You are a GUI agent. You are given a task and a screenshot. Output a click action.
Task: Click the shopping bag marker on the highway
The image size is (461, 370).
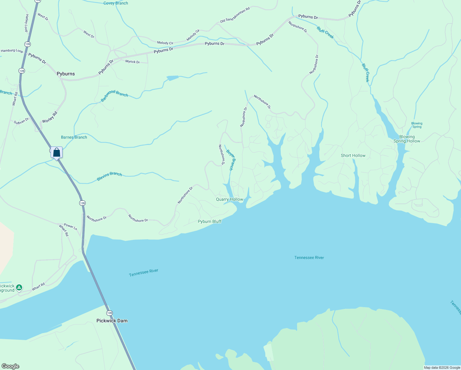pyautogui.click(x=57, y=152)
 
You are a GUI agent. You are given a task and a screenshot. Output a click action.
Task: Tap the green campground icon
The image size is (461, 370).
pyautogui.click(x=19, y=288)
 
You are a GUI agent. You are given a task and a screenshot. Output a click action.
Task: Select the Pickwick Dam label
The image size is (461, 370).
pyautogui.click(x=112, y=321)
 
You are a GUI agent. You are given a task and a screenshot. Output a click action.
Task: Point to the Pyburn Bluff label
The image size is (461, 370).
pyautogui.click(x=210, y=221)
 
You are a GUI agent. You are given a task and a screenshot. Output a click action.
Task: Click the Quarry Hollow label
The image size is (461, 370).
pyautogui.click(x=230, y=199)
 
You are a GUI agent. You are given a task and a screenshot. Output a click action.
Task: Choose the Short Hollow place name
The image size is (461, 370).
pyautogui.click(x=353, y=155)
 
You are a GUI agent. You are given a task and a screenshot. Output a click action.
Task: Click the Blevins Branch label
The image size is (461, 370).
pyautogui.click(x=109, y=176)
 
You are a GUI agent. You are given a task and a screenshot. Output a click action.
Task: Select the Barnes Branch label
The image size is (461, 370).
pyautogui.click(x=74, y=137)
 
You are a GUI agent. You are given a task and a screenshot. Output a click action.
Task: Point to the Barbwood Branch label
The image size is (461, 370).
pyautogui.click(x=115, y=96)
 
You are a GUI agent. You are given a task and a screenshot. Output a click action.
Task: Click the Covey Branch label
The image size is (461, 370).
pyautogui.click(x=116, y=3)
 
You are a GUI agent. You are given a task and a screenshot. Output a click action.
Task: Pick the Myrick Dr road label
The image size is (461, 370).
pyautogui.click(x=133, y=62)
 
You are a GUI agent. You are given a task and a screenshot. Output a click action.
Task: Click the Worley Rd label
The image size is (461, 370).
pyautogui.click(x=50, y=117)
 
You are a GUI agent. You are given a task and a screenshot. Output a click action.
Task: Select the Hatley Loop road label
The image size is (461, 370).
pyautogui.click(x=27, y=23)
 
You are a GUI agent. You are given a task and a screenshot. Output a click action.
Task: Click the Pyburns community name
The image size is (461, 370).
pyautogui.click(x=66, y=74)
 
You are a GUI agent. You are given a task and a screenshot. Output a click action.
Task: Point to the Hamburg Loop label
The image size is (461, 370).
pyautogui.click(x=12, y=51)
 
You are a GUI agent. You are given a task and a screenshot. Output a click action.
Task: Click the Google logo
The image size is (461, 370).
pyautogui.click(x=10, y=366)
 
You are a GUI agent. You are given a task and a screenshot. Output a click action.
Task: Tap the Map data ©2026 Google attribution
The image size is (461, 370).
pyautogui.click(x=442, y=368)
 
